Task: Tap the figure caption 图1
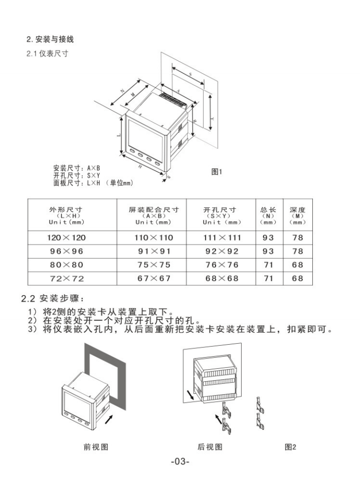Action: coord(217,172)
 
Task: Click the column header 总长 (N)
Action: coord(268,215)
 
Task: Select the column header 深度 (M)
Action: coord(297,215)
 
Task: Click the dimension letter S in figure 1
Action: coord(191,73)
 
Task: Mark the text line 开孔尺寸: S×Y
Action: coord(77,175)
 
